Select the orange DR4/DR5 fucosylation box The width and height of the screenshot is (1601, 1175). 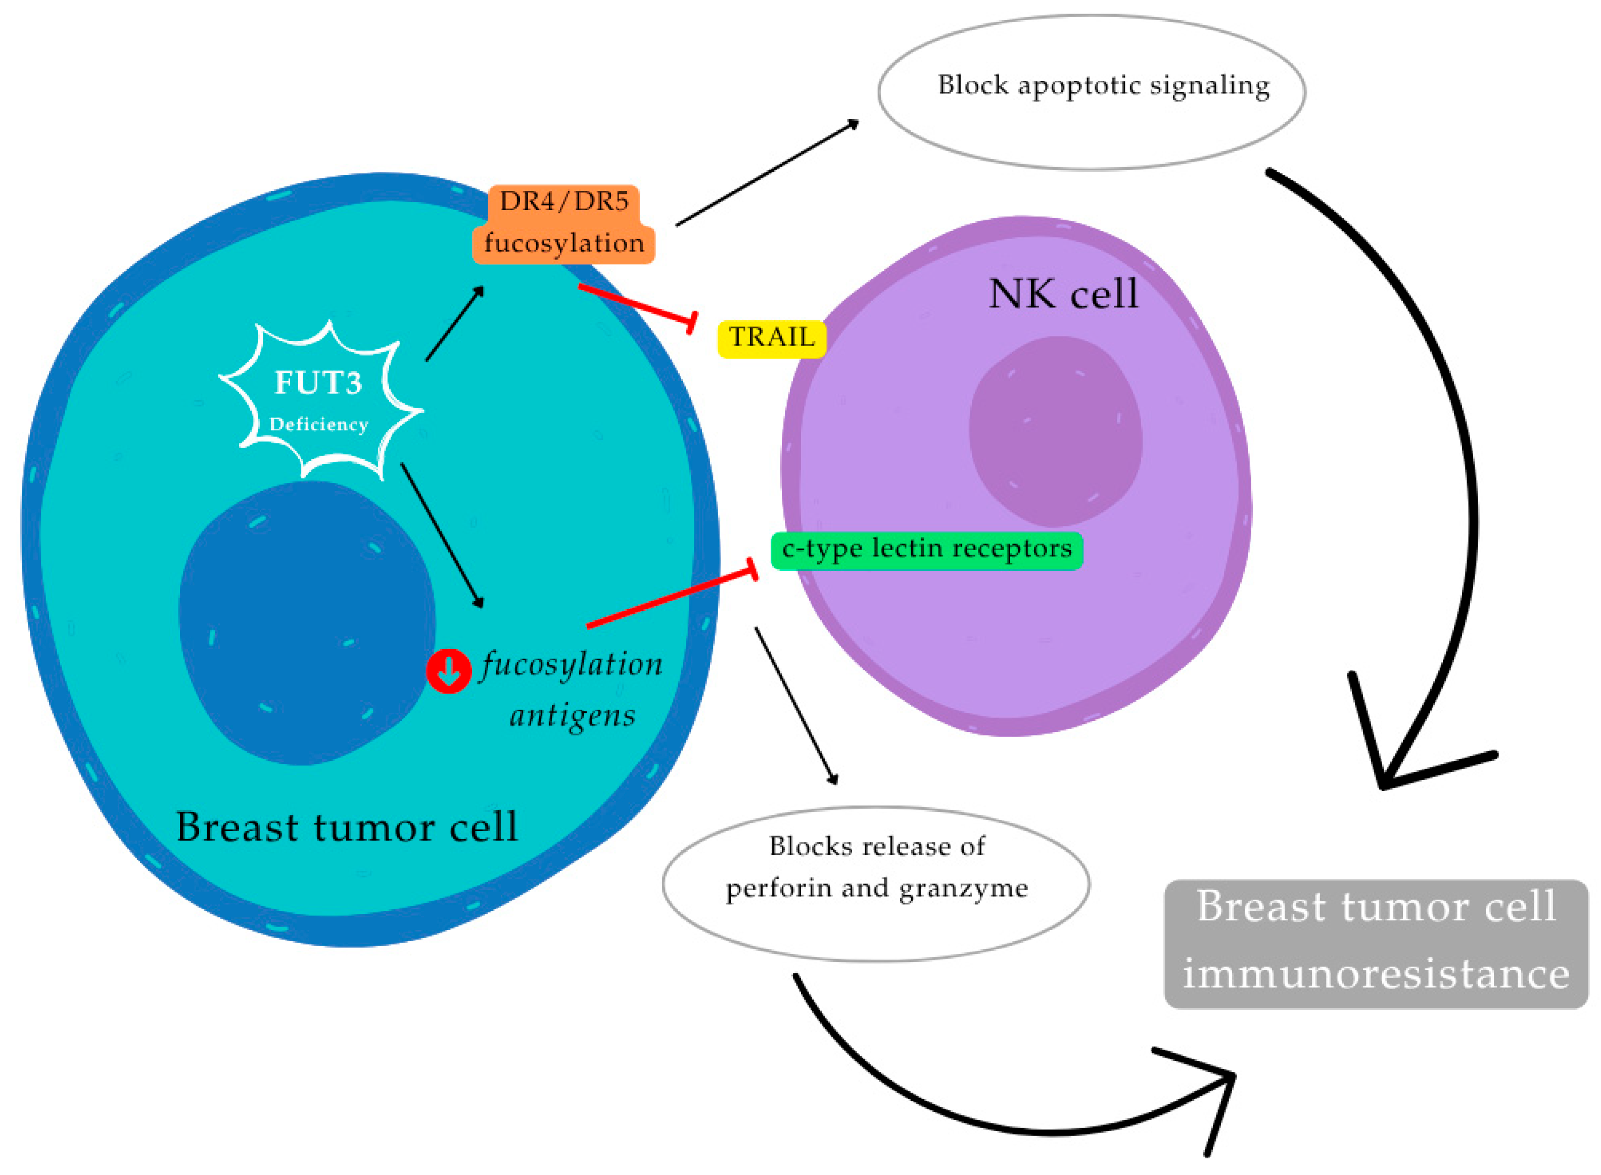tap(563, 224)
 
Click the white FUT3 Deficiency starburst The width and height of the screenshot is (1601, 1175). tap(320, 401)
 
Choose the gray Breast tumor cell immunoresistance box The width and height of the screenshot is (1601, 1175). tap(1376, 944)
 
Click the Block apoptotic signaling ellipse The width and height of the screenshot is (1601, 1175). tap(1092, 92)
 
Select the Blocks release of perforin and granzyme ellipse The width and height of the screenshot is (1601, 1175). tap(876, 884)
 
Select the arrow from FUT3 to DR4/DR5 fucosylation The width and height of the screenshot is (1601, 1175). tap(455, 324)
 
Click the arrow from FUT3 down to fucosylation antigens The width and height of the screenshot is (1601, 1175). tap(442, 535)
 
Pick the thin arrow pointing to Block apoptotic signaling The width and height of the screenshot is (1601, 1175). tap(767, 173)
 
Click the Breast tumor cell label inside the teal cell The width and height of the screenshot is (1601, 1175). tap(347, 827)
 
